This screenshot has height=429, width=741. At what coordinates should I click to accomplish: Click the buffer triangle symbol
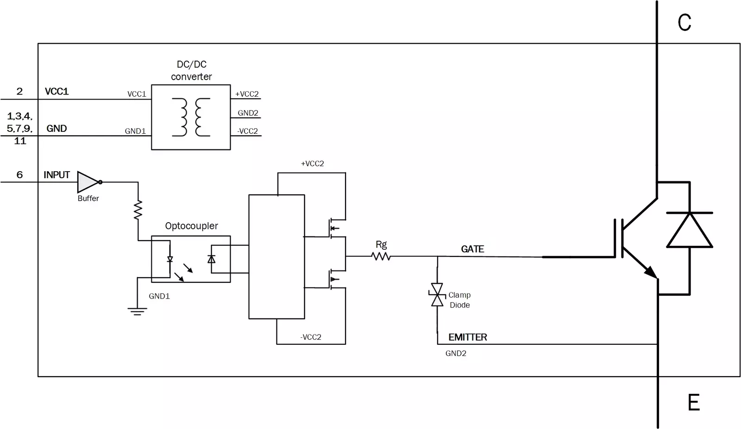coord(88,182)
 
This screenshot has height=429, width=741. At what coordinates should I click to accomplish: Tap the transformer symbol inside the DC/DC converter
coord(191,117)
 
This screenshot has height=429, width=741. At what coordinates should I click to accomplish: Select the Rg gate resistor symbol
coord(381,256)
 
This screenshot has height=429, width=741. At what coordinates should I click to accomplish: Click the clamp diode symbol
coord(437,295)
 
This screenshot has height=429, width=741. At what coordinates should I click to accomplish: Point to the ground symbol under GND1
coord(137,311)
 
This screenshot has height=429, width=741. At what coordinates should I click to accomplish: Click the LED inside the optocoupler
coord(170,260)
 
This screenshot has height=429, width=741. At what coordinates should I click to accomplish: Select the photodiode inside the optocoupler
coord(212,259)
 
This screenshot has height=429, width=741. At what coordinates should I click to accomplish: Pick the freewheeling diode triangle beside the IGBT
coord(690,230)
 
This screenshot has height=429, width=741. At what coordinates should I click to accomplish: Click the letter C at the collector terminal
coord(684,23)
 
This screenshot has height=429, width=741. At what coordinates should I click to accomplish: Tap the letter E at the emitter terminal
coord(693,402)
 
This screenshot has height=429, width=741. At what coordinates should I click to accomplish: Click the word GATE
coord(472,249)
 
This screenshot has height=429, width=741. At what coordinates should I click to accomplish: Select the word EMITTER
coord(468,337)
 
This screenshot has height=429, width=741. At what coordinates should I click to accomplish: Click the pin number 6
coord(19,175)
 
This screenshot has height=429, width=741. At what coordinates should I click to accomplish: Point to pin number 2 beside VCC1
coord(19,92)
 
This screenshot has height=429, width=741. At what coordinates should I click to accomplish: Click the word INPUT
coord(57,175)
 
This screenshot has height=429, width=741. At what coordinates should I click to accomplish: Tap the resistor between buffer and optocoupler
coord(138,210)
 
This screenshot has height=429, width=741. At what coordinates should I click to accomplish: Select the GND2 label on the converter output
coord(248,113)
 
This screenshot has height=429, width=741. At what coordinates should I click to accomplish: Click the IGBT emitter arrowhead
coord(651,272)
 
